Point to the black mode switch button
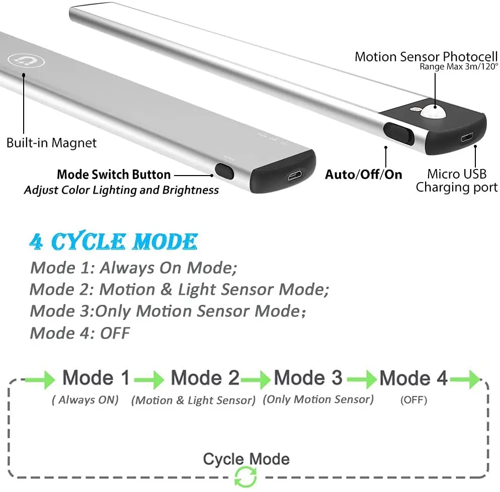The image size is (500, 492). pyautogui.click(x=225, y=171)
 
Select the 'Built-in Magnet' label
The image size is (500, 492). pyautogui.click(x=51, y=142)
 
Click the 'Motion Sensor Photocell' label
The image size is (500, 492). pyautogui.click(x=426, y=56)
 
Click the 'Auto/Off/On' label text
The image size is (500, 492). pyautogui.click(x=364, y=175)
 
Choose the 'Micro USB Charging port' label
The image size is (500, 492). pyautogui.click(x=457, y=181)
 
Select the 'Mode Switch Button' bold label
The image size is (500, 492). pyautogui.click(x=114, y=175)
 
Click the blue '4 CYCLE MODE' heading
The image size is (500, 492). pyautogui.click(x=113, y=242)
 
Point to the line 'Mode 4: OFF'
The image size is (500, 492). pyautogui.click(x=80, y=333)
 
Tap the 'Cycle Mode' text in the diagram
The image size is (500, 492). pyautogui.click(x=246, y=459)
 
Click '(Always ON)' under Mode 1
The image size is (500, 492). pyautogui.click(x=86, y=400)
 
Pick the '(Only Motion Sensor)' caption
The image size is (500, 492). pyautogui.click(x=318, y=399)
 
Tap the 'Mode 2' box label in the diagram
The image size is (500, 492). pyautogui.click(x=205, y=378)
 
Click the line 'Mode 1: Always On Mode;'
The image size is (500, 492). pyautogui.click(x=134, y=268)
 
